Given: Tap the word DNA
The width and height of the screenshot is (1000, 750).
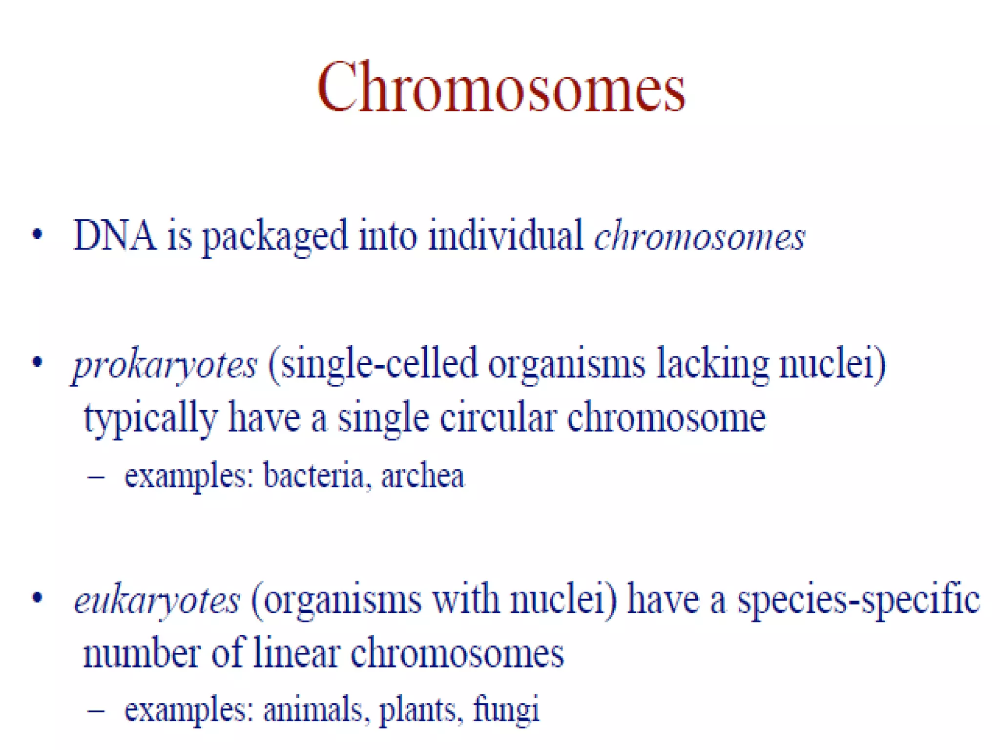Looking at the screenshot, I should click(x=115, y=235).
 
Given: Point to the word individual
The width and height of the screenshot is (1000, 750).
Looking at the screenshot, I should click(x=505, y=235).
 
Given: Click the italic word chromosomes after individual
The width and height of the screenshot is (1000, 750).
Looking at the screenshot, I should click(x=699, y=237).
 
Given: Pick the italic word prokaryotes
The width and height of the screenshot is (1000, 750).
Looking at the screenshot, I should click(x=165, y=365).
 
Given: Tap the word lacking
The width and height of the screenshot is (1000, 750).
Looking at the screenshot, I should click(x=712, y=364).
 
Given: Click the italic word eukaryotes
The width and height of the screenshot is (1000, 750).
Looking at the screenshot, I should click(x=157, y=600).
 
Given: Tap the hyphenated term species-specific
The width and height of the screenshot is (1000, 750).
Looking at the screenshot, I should click(x=858, y=600).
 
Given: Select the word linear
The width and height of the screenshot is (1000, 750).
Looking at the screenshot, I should click(x=296, y=653).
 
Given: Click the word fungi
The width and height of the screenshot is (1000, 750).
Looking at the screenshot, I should click(x=506, y=710).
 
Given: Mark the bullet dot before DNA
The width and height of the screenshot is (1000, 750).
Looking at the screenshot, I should click(x=37, y=235).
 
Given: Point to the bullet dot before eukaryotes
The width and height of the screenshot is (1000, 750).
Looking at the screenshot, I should click(x=37, y=598).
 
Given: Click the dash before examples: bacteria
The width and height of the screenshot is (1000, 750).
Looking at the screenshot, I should click(x=96, y=476).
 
